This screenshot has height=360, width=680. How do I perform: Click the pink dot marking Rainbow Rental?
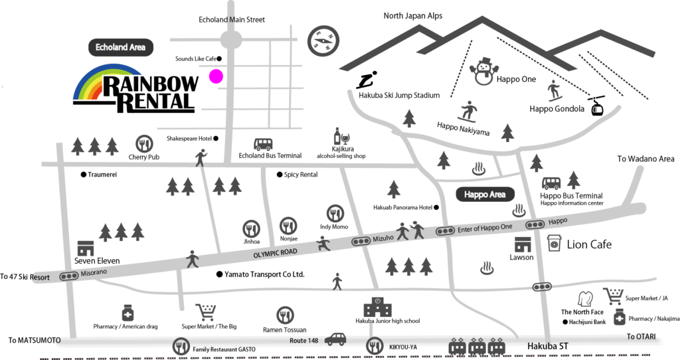[x=216, y=76]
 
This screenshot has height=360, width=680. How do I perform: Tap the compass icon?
[x=323, y=41]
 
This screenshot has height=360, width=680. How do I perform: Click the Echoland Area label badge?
[x=121, y=47]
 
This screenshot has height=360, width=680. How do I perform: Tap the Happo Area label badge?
[x=485, y=195]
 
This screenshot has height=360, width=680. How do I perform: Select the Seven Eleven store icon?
[x=86, y=248]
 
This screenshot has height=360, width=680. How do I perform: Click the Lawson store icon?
[x=521, y=244]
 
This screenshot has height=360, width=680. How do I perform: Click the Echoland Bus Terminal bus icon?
[x=263, y=144]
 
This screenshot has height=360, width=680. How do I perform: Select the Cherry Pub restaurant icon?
[x=143, y=143]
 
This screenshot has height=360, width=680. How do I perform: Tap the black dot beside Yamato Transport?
[x=219, y=274]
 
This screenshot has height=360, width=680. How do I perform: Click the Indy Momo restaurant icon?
[x=335, y=214]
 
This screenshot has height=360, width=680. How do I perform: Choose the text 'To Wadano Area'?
[x=645, y=159]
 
